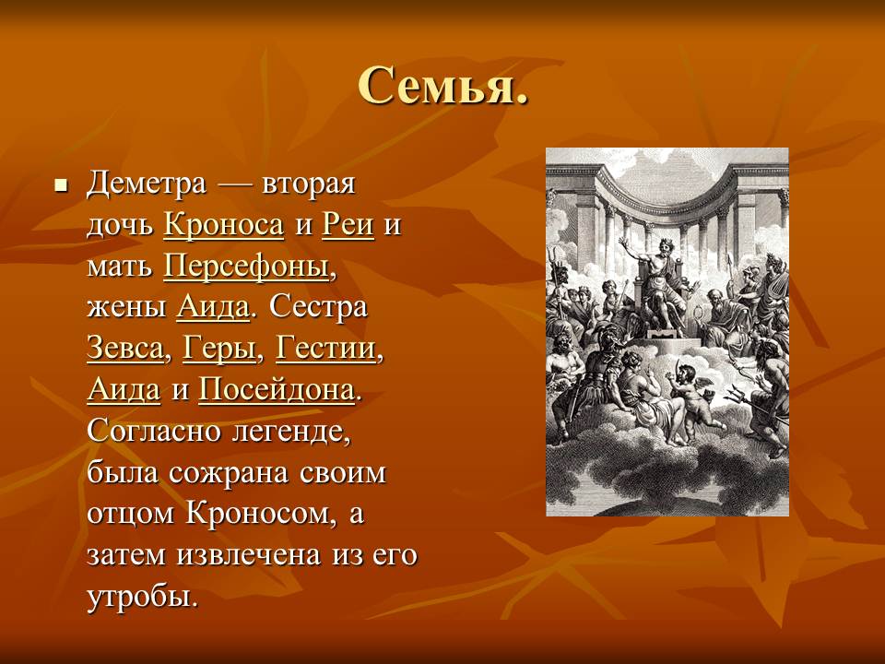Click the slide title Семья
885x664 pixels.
pyautogui.click(x=443, y=86)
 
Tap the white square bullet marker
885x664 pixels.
pyautogui.click(x=61, y=184)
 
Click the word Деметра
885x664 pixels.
pyautogui.click(x=147, y=184)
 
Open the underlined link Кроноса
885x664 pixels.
pyautogui.click(x=223, y=225)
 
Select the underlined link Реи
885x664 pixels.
pyautogui.click(x=348, y=225)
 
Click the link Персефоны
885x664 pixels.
pyautogui.click(x=246, y=267)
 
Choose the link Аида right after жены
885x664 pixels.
pyautogui.click(x=213, y=308)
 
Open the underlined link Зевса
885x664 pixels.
pyautogui.click(x=125, y=349)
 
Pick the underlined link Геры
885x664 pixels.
pyautogui.click(x=219, y=349)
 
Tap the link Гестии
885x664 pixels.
pyautogui.click(x=325, y=349)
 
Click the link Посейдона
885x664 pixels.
pyautogui.click(x=277, y=390)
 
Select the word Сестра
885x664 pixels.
pyautogui.click(x=318, y=308)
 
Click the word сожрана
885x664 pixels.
pyautogui.click(x=229, y=473)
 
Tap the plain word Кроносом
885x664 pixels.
pyautogui.click(x=257, y=515)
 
